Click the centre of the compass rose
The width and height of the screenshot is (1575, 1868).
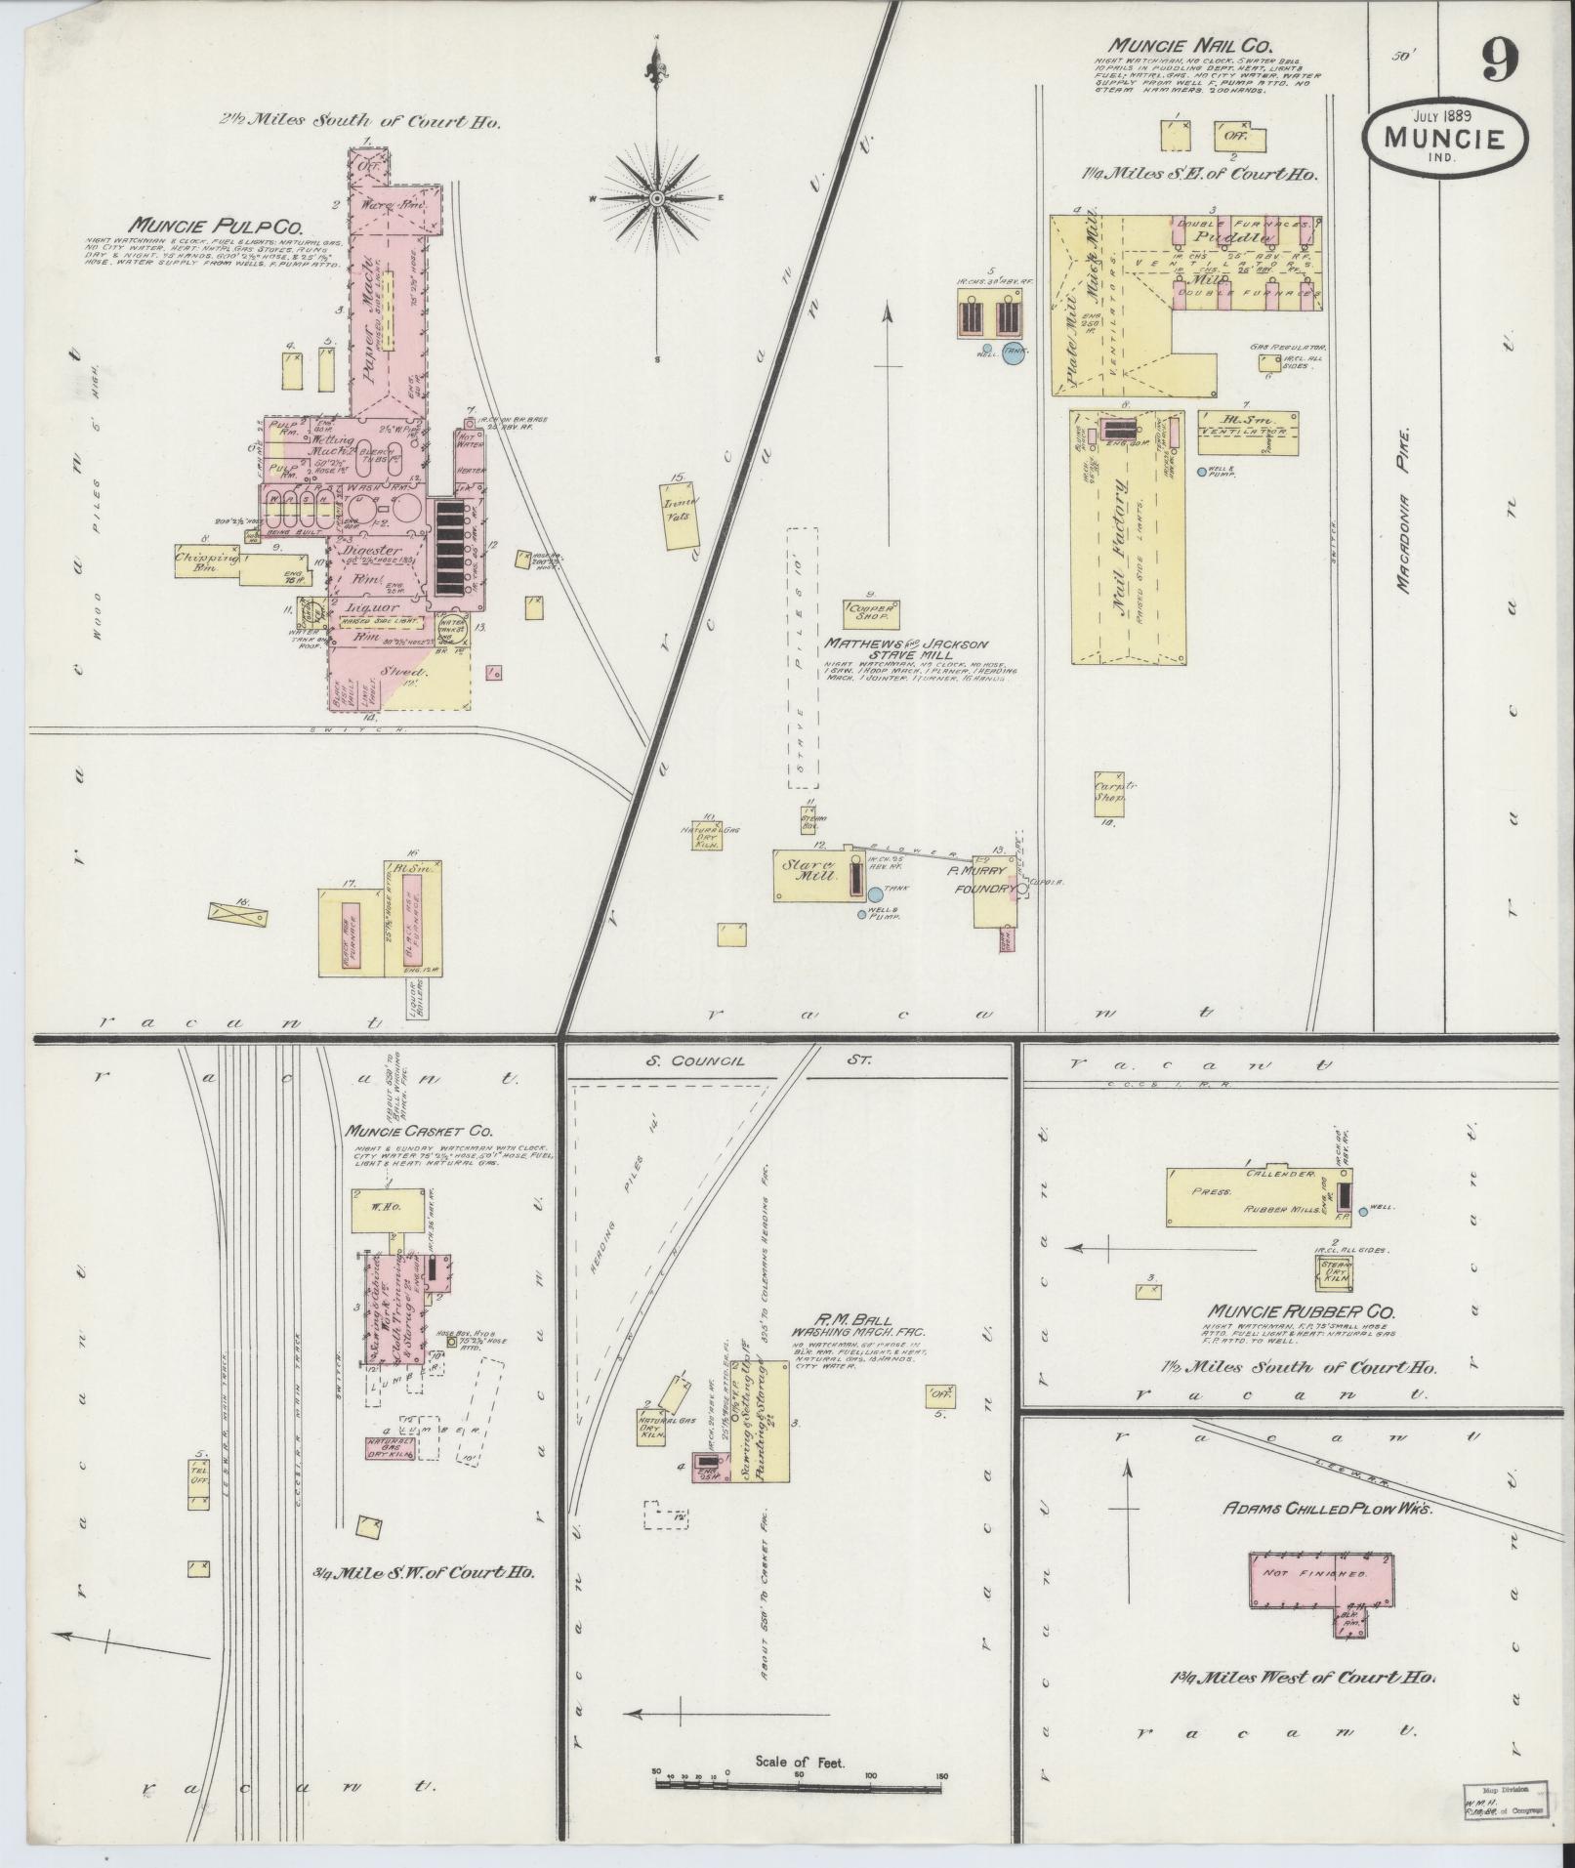coord(657,198)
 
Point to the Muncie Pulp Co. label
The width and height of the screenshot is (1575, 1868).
coord(202,224)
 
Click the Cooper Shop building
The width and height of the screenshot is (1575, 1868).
coord(871,613)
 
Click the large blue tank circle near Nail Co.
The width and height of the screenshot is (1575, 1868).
coord(1014,353)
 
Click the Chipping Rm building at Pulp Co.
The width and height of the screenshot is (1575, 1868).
coord(206,560)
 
